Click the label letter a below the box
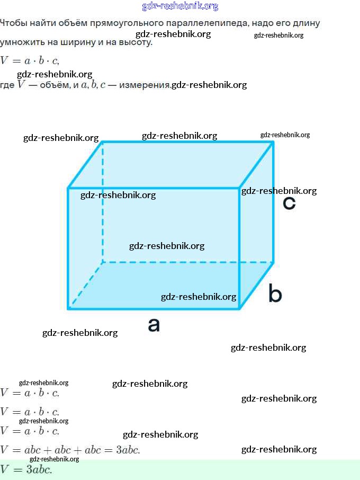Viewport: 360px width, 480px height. coord(154,325)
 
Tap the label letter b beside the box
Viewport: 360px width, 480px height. coord(275,294)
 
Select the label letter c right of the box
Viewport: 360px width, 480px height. coord(289,203)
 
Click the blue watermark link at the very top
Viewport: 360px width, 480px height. coord(180,6)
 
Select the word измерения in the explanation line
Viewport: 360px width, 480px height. coord(145,85)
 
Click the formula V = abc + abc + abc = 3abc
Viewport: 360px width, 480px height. coord(70,450)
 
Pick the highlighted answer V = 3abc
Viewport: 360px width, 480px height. coord(26,469)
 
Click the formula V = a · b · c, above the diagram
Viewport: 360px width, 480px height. coord(30,60)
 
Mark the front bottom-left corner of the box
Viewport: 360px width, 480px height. coord(69,308)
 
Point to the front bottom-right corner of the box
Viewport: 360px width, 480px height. coord(240,308)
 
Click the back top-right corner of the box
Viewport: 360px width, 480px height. coord(273,142)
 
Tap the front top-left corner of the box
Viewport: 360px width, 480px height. coord(69,188)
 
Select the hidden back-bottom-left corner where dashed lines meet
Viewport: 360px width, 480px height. coord(103,262)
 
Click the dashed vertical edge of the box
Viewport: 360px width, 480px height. coord(103,212)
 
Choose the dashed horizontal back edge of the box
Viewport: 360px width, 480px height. coord(188,262)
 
